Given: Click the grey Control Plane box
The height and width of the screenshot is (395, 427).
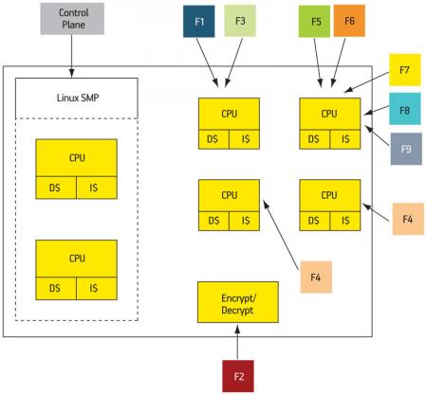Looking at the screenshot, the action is pos(72,19).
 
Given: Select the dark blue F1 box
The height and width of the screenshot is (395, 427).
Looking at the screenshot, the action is pos(199,22).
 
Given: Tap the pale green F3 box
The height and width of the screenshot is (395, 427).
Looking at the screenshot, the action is pos(240,21).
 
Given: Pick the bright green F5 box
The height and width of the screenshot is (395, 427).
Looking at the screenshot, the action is pos(314,22).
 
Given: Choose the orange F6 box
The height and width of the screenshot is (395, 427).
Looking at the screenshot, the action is pos(349,21).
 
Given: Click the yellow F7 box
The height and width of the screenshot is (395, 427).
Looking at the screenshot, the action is pos(405,70).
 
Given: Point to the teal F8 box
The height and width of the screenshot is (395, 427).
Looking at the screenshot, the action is pos(405,109).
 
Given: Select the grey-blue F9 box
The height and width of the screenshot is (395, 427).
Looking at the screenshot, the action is pos(406,149).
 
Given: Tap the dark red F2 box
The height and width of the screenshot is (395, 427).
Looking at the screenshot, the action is pos(238,376).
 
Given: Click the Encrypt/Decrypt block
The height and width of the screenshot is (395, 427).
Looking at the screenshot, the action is pos(238,302).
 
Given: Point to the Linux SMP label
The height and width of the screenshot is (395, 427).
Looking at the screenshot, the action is pos(78,98).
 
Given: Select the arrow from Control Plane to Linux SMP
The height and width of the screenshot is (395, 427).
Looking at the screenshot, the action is pos(72,56).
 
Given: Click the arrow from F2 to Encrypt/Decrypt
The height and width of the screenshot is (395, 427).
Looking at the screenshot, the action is pos(237,342).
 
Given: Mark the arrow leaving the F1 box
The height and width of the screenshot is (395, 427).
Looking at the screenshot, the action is pos(207,63).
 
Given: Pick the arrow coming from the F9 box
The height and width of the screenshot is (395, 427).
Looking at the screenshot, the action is pos(377,135).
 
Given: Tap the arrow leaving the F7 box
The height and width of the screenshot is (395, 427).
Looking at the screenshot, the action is pos(366,82).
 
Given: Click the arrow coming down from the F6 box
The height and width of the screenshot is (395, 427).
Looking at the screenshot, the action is pos(338,63).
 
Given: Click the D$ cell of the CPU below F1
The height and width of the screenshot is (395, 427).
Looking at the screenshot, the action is pos(213,139).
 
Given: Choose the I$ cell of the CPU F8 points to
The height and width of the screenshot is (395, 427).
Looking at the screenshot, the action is pos(345,139).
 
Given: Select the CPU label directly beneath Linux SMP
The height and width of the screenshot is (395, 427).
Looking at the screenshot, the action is pos(77,157).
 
